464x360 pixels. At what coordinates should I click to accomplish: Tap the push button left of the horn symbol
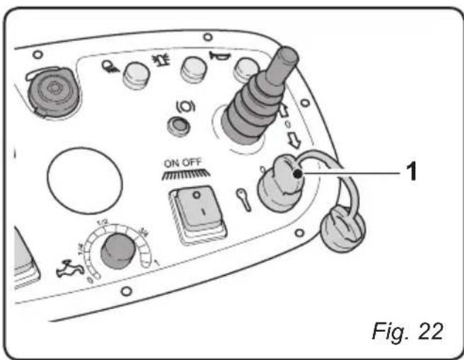(x=191, y=68)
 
